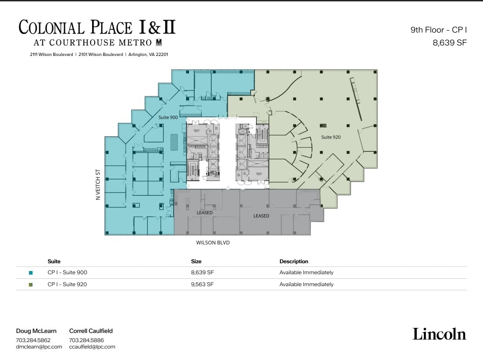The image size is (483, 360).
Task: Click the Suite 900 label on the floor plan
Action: coord(168,117)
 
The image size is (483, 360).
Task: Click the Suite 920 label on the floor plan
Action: coord(330,137)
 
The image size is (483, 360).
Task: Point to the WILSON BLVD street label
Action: coord(213,243)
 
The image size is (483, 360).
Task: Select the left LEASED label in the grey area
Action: coord(204,213)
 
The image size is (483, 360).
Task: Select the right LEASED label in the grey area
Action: coord(261,216)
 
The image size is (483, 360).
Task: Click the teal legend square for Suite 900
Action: coord(31,273)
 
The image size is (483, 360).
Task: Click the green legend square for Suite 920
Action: coord(31,285)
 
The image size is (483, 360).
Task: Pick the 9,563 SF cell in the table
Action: coord(202,284)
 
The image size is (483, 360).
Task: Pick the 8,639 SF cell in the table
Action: coord(202,272)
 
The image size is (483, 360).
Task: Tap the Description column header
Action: coord(294,261)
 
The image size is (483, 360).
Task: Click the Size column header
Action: coord(196,261)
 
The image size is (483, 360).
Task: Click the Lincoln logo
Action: coord(439,334)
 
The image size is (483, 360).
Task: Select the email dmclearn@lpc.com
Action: coord(39,347)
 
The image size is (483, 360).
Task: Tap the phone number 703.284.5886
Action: coord(86,340)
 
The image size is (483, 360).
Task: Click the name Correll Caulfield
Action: coord(91,331)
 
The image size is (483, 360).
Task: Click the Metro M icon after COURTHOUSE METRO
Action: coord(159,42)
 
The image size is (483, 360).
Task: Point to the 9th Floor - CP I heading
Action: coord(438,30)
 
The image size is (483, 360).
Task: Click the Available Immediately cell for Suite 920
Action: coord(306,284)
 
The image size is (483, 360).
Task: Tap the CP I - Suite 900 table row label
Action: coord(67,272)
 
